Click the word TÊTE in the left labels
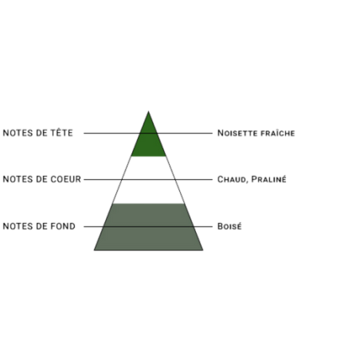(x=61, y=132)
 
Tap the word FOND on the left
(x=63, y=226)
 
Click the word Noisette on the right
(x=237, y=133)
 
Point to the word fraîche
(x=278, y=133)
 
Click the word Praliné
(x=268, y=179)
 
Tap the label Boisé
(x=229, y=226)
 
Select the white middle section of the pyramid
(x=148, y=180)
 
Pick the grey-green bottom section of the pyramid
(x=148, y=227)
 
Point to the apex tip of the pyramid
(x=148, y=112)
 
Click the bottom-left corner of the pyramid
(x=94, y=250)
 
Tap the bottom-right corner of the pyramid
(x=203, y=250)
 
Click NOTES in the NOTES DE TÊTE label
(x=18, y=133)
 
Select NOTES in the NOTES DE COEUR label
(x=18, y=179)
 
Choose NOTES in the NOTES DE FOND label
(x=18, y=226)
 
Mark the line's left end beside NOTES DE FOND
(x=84, y=227)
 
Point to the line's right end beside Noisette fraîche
(x=213, y=133)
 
